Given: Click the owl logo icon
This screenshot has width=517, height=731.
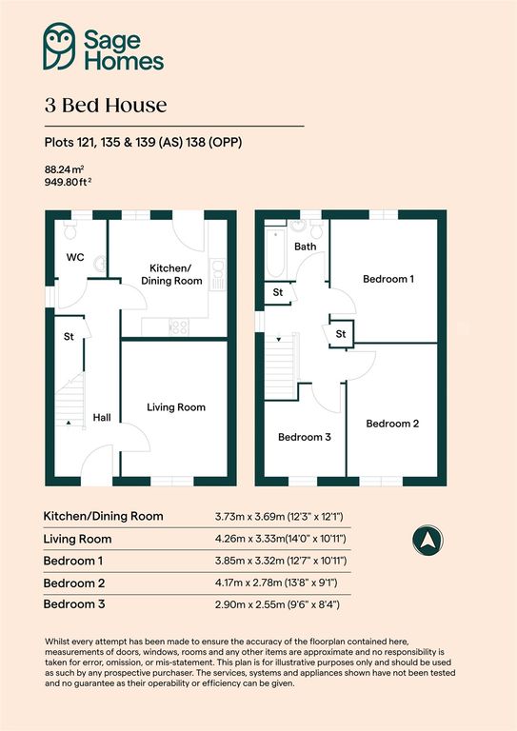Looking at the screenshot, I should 60,47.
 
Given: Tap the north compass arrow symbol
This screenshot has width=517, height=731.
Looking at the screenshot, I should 426,540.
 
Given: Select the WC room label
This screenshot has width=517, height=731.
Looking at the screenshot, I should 76,258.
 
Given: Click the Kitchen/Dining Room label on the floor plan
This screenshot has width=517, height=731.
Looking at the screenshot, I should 172,275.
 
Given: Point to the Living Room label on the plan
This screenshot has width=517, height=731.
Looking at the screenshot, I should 176,407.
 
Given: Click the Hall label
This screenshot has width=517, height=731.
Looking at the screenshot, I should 102,418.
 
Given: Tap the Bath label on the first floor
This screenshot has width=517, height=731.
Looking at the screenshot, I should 305,247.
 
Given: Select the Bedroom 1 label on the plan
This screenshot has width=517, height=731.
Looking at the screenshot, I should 388,279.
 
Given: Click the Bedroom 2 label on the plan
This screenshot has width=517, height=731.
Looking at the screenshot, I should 392,424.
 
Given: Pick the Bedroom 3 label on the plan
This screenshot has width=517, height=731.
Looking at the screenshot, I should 304,438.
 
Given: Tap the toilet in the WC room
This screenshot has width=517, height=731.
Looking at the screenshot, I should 70,231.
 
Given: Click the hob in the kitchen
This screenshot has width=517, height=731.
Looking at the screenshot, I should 178,326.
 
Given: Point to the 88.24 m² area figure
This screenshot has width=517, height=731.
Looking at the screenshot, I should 64,170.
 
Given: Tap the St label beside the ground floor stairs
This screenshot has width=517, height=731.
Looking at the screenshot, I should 70,336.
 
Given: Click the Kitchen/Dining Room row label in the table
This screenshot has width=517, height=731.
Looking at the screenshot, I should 104,516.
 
